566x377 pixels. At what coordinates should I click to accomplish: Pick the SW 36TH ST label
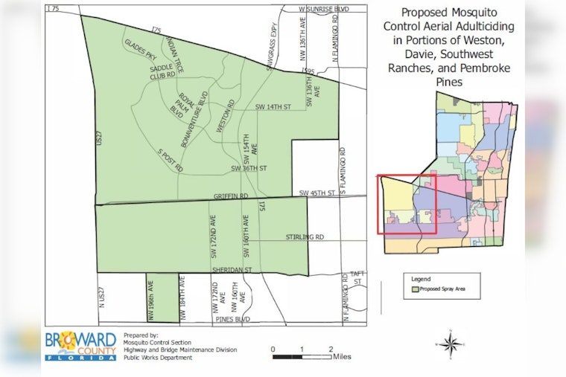[x=248, y=168]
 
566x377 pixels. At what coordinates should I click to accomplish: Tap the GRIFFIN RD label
[x=230, y=196]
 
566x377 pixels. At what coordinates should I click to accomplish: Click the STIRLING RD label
[x=305, y=237]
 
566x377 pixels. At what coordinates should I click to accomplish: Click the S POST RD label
[x=170, y=160]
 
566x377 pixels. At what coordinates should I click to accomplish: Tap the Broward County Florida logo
[x=80, y=344]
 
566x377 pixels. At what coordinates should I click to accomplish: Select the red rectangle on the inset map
[x=402, y=204]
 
